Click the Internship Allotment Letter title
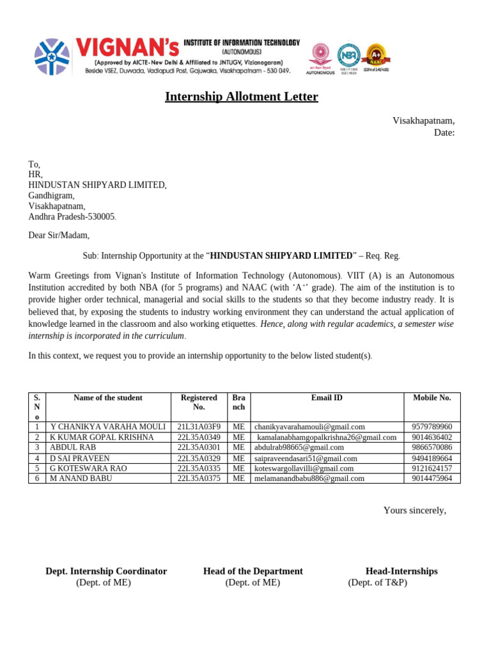pyautogui.click(x=241, y=97)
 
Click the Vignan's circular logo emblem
pyautogui.click(x=52, y=56)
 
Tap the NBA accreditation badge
pyautogui.click(x=348, y=56)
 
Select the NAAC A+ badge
pyautogui.click(x=377, y=56)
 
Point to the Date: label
pyautogui.click(x=444, y=132)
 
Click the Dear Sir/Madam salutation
pyautogui.click(x=59, y=235)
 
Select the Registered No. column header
pyautogui.click(x=199, y=402)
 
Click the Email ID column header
pyautogui.click(x=327, y=398)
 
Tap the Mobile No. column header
pyautogui.click(x=432, y=398)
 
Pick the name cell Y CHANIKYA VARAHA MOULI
pyautogui.click(x=108, y=427)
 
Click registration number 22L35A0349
pyautogui.click(x=199, y=438)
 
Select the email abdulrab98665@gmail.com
pyautogui.click(x=299, y=448)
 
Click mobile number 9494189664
pyautogui.click(x=432, y=459)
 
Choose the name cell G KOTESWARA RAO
pyautogui.click(x=88, y=468)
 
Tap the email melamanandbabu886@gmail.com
pyautogui.click(x=309, y=478)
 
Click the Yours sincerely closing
pyautogui.click(x=414, y=510)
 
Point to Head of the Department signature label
pyautogui.click(x=253, y=571)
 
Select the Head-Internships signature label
pyautogui.click(x=401, y=571)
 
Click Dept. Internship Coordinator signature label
pyautogui.click(x=106, y=571)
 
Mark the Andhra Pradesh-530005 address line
pyautogui.click(x=72, y=217)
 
